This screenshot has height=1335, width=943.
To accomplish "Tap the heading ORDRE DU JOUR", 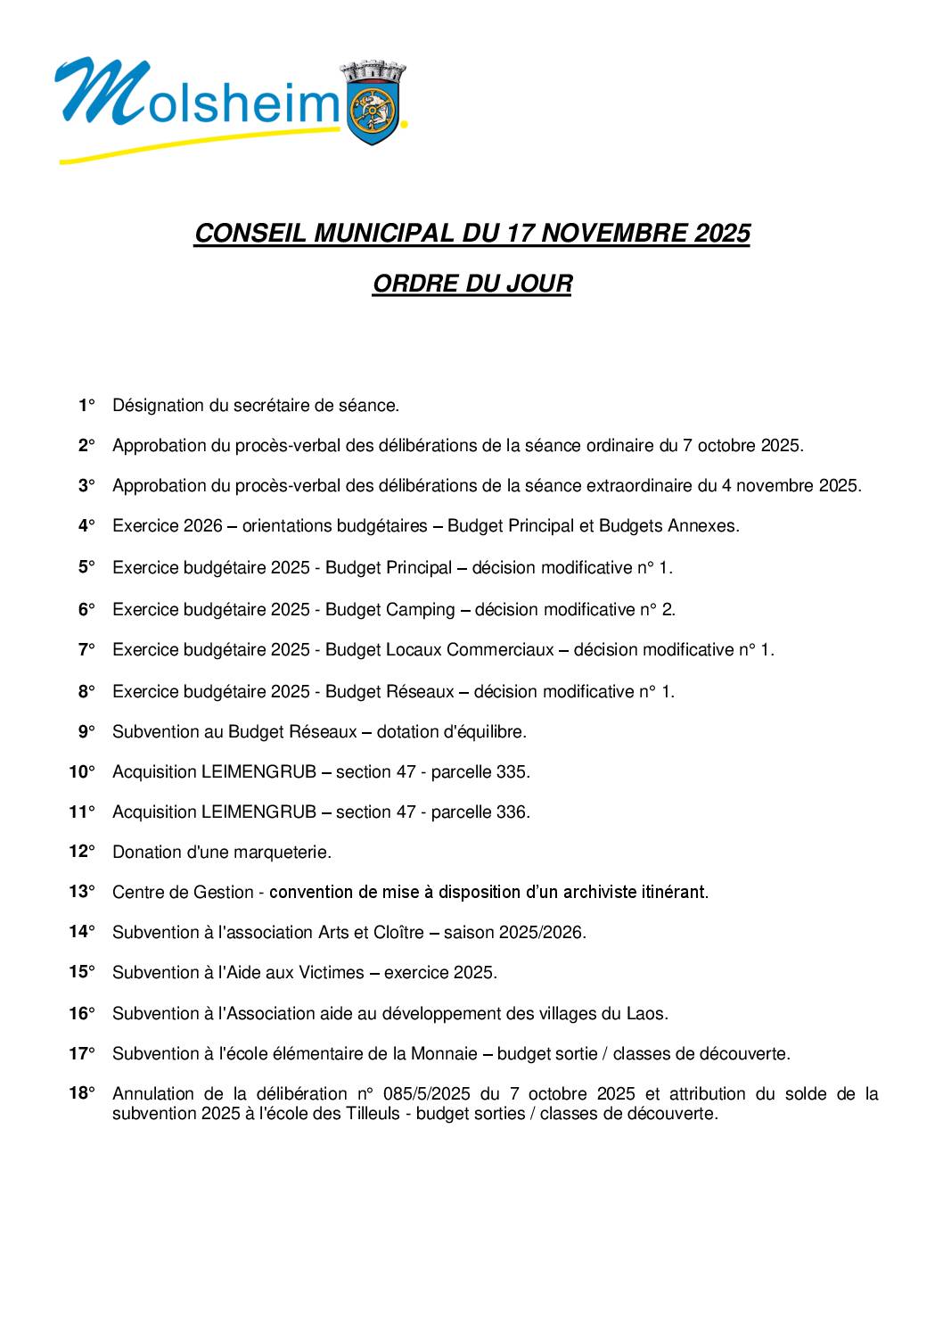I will pos(471,284).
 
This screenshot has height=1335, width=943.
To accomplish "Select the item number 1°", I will pos(86,406).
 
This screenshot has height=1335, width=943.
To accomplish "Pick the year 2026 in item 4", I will pos(202,526).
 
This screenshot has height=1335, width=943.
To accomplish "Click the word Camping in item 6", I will pos(421,610).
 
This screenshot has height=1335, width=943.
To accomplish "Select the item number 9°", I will pos(86,732).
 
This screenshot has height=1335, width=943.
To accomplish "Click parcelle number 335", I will pos(512,772).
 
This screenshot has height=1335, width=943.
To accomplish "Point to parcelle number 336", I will pos(512,812).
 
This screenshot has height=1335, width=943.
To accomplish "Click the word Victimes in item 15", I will pos(331,973).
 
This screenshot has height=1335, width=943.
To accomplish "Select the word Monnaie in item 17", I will pos(444,1054).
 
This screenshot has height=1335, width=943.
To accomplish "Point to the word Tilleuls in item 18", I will pos(372,1114).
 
